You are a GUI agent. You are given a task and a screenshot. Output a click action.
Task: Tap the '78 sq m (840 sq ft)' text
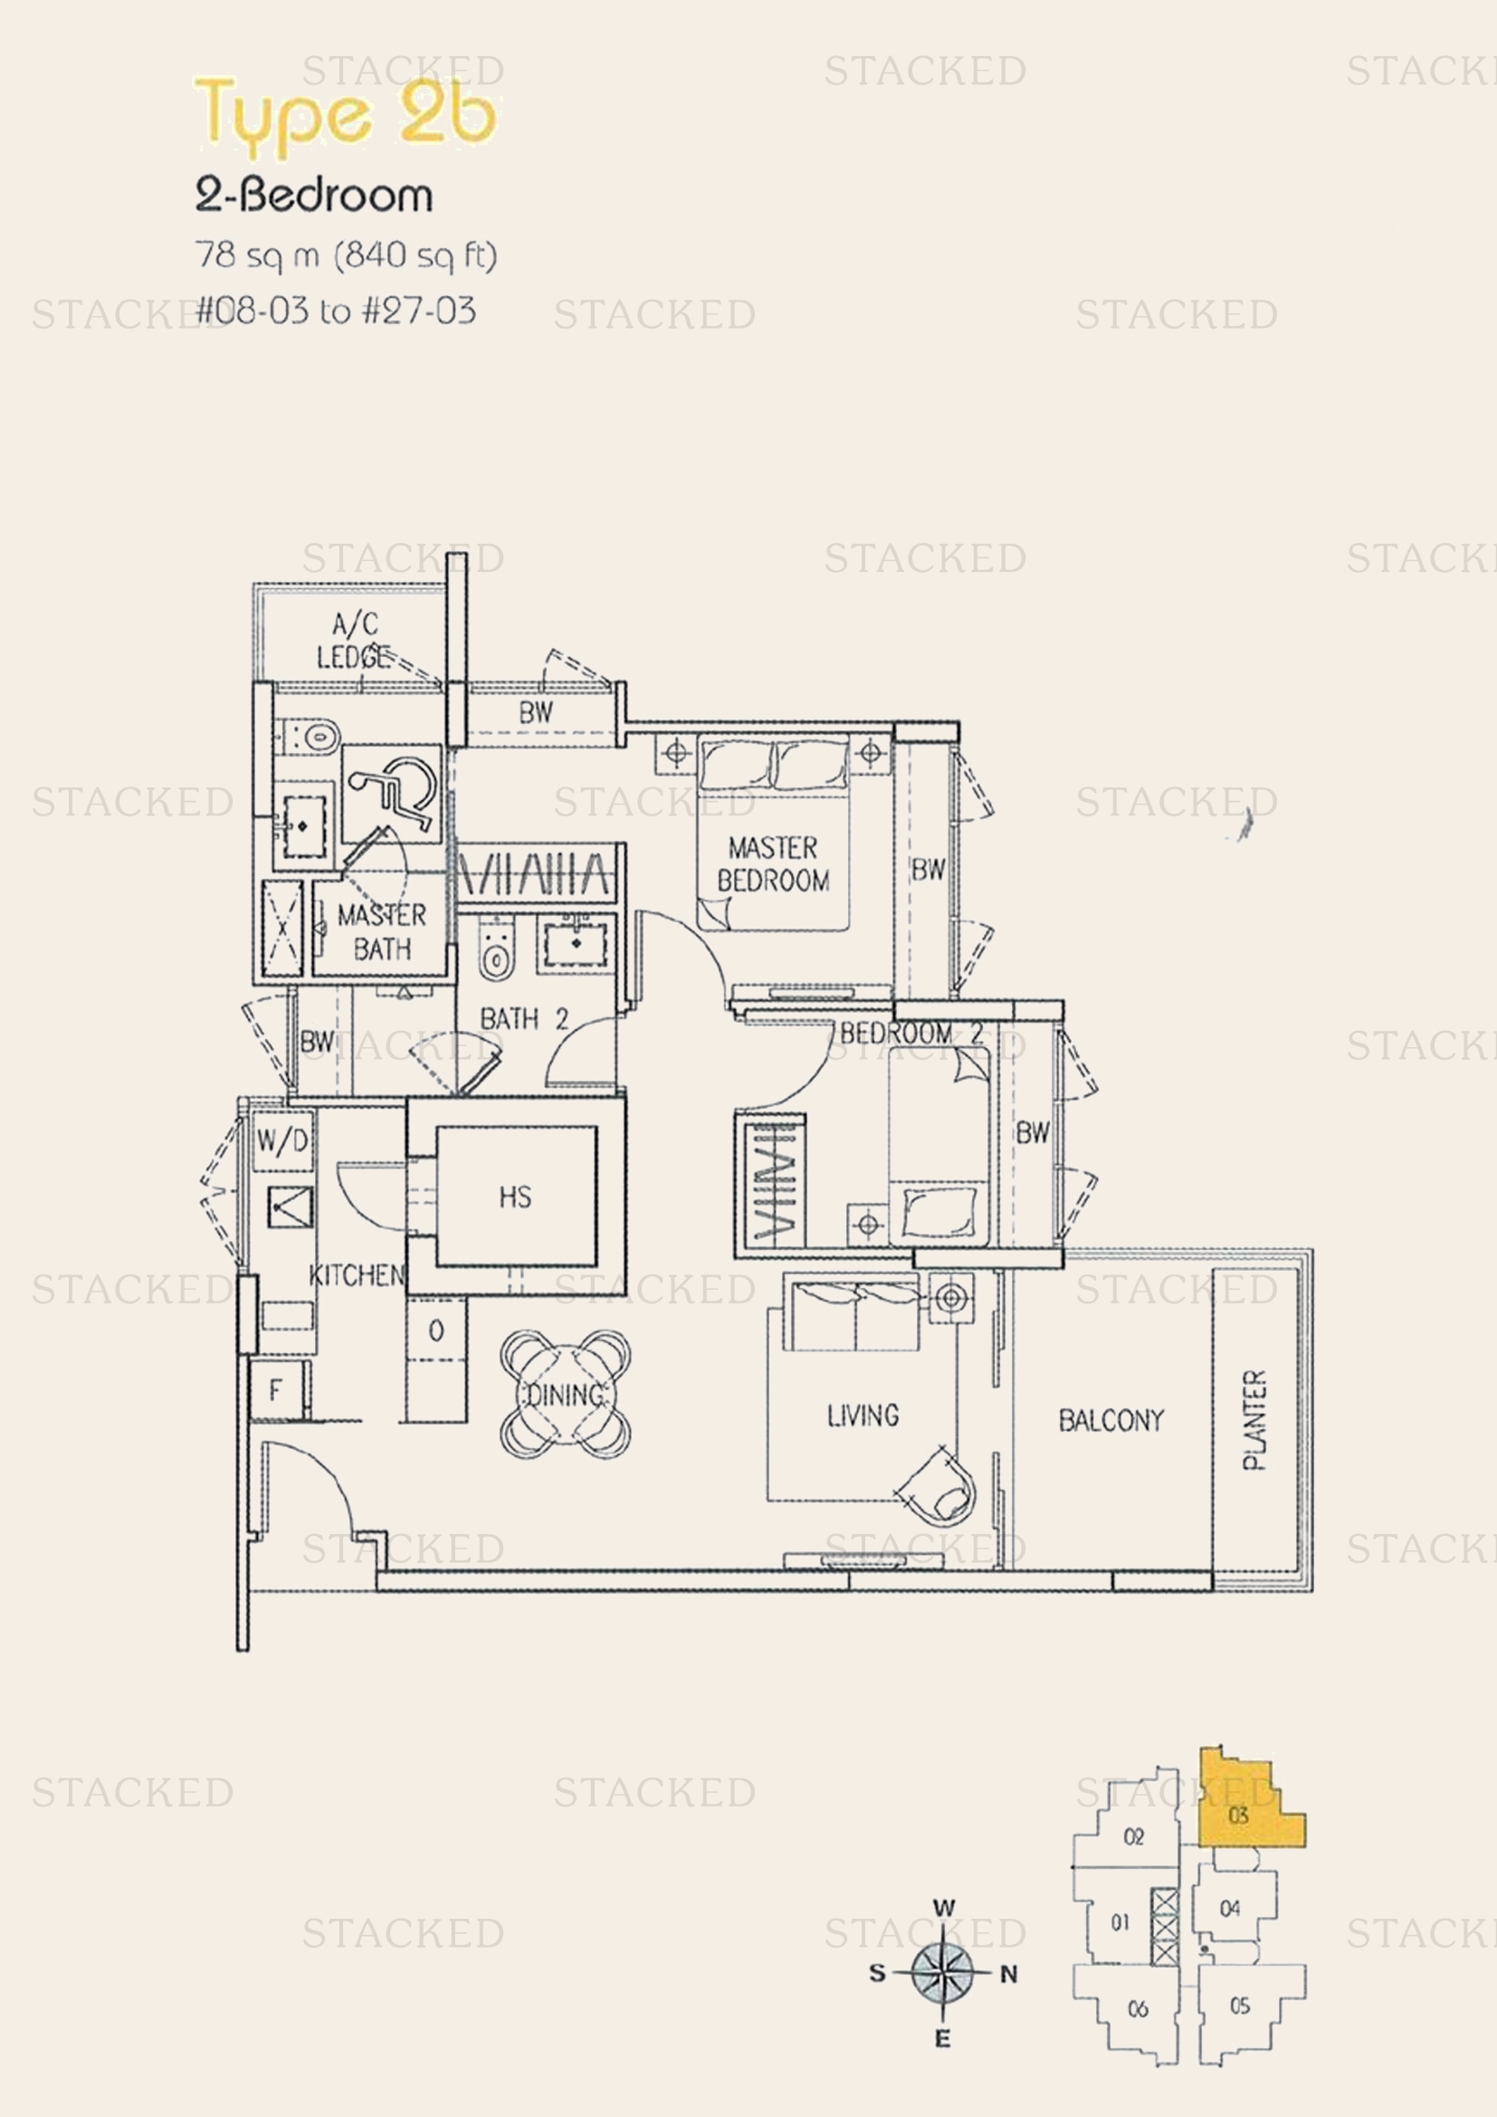346,254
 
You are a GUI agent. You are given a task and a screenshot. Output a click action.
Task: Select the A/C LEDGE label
354,640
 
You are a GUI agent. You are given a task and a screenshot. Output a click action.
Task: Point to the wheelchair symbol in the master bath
393,792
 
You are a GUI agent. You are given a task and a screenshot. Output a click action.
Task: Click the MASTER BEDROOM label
772,864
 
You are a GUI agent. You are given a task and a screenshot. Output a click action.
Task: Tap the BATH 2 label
523,1019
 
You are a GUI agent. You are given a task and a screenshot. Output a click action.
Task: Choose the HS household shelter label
515,1197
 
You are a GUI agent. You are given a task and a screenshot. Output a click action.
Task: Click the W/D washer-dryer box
283,1141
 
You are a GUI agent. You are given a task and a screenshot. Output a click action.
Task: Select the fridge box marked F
276,1390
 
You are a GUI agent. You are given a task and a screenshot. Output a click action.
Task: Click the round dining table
565,1394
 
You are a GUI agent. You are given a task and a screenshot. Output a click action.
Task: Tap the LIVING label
862,1416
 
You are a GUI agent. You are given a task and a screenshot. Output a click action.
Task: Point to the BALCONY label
1111,1420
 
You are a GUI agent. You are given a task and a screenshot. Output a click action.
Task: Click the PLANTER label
1254,1420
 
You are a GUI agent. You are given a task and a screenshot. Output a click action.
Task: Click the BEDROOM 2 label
911,1034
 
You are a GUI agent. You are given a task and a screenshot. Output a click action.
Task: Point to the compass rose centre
942,1973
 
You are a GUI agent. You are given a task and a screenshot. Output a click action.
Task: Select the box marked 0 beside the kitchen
436,1330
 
